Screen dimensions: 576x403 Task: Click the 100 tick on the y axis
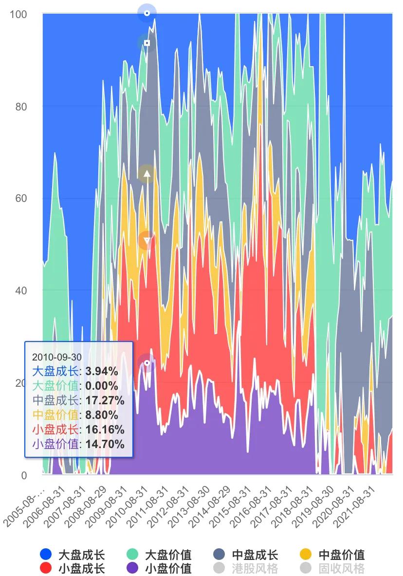click(x=18, y=14)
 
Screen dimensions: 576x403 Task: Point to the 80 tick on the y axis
click(x=20, y=107)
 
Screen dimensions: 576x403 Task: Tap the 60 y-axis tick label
click(x=20, y=198)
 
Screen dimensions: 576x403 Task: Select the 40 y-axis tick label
click(x=20, y=290)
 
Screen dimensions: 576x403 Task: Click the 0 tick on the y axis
click(x=24, y=475)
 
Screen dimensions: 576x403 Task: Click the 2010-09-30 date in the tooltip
click(x=57, y=357)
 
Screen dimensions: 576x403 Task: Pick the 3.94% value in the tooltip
click(x=102, y=371)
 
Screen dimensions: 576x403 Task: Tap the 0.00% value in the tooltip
click(x=102, y=386)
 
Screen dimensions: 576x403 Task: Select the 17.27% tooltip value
click(x=105, y=400)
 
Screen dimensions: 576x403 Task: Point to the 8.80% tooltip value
click(x=102, y=415)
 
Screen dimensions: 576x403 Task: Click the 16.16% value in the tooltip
click(x=105, y=430)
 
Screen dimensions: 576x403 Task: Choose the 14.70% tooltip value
click(x=105, y=444)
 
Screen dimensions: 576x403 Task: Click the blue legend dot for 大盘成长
click(x=46, y=554)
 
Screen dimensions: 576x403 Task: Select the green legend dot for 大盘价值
click(x=132, y=554)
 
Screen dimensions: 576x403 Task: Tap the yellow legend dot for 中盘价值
click(x=305, y=554)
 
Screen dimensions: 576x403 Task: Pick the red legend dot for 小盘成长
click(x=46, y=568)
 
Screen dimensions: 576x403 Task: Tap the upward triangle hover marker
click(x=147, y=174)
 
